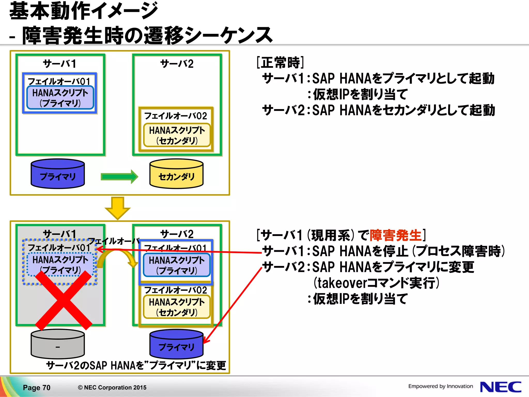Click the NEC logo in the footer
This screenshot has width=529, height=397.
coord(500,387)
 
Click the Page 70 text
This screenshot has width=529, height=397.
coord(37,387)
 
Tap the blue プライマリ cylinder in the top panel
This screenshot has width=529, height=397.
coord(58,174)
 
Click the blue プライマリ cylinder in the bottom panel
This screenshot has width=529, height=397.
coord(176,344)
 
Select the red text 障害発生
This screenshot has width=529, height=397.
coord(395,235)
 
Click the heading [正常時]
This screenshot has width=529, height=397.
coord(280,62)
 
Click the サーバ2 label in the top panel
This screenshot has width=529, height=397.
coord(177,64)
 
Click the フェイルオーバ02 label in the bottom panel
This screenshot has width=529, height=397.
coord(176,290)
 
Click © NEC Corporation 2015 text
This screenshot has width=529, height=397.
coord(112,387)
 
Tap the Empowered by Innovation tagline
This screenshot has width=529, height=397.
coord(440,386)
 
